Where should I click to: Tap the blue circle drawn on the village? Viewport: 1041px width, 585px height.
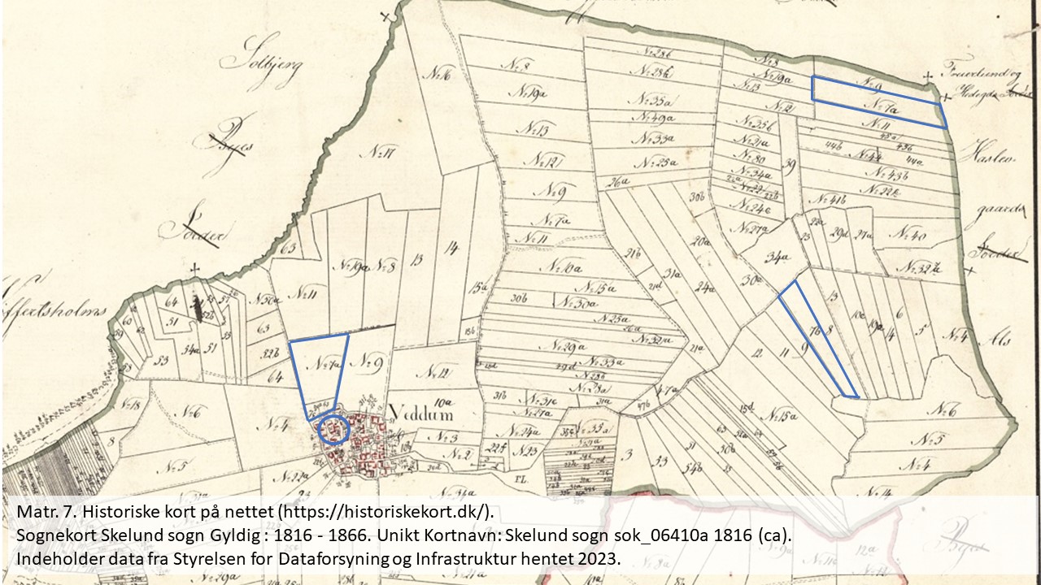pyautogui.click(x=333, y=428)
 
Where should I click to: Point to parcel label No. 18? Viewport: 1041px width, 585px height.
pyautogui.click(x=129, y=405)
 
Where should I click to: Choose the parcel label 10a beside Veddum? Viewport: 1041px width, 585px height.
pyautogui.click(x=442, y=401)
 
